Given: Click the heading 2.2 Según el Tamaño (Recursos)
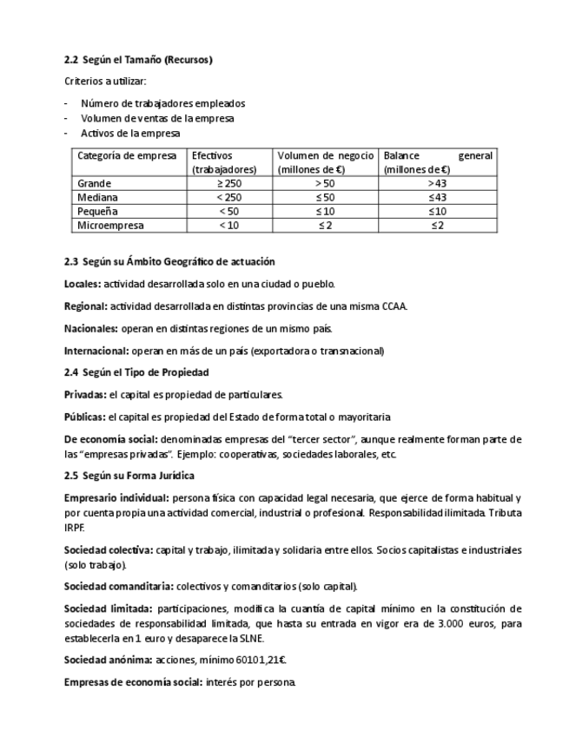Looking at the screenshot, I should pyautogui.click(x=138, y=60).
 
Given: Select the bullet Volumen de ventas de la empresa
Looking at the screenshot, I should pyautogui.click(x=157, y=118).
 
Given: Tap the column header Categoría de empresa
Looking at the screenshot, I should pyautogui.click(x=127, y=156).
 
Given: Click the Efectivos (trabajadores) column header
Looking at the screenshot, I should pyautogui.click(x=224, y=163).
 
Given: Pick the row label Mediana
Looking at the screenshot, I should pyautogui.click(x=97, y=198).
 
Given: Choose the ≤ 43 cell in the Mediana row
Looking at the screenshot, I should pyautogui.click(x=437, y=198).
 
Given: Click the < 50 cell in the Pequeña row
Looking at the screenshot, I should pyautogui.click(x=229, y=212).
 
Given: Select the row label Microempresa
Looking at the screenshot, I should pyautogui.click(x=110, y=226).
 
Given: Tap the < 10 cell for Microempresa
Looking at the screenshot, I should pyautogui.click(x=229, y=226).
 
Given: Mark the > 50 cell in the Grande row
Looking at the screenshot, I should pyautogui.click(x=325, y=184).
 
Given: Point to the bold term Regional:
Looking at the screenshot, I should pyautogui.click(x=86, y=306).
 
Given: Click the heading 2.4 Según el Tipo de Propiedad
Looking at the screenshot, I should pyautogui.click(x=136, y=372).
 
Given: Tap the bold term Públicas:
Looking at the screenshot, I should pyautogui.click(x=85, y=417).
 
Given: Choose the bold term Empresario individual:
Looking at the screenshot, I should pyautogui.click(x=116, y=498).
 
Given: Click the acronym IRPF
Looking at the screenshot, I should pyautogui.click(x=74, y=527).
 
